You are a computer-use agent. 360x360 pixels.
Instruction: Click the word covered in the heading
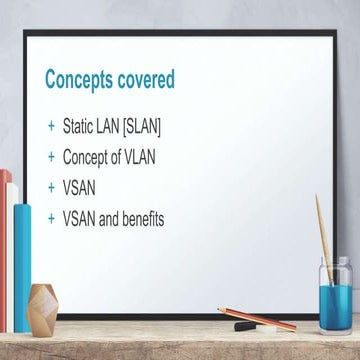click(143, 79)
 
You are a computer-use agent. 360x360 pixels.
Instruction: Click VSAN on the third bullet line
click(80, 187)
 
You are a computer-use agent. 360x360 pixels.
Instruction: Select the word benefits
click(139, 217)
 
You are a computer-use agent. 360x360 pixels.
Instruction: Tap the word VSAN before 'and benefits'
click(80, 217)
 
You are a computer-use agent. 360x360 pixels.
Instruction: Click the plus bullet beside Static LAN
click(50, 127)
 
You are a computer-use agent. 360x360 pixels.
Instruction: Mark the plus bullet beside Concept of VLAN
click(50, 157)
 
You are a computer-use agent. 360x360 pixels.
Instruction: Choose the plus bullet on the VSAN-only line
click(50, 187)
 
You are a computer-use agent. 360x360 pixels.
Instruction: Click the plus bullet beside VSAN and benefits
click(50, 217)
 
